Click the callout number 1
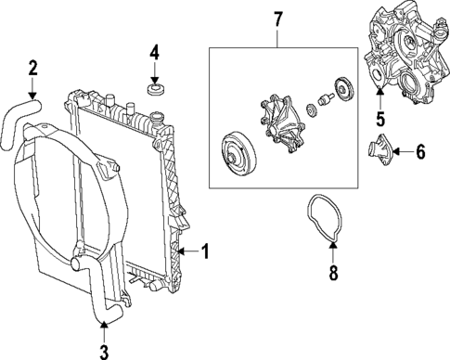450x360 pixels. tap(207, 251)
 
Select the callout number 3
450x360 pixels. tap(104, 351)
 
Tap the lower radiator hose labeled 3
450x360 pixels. tap(99, 298)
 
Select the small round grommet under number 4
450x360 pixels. tap(155, 91)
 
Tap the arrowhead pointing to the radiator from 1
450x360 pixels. tap(182, 251)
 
